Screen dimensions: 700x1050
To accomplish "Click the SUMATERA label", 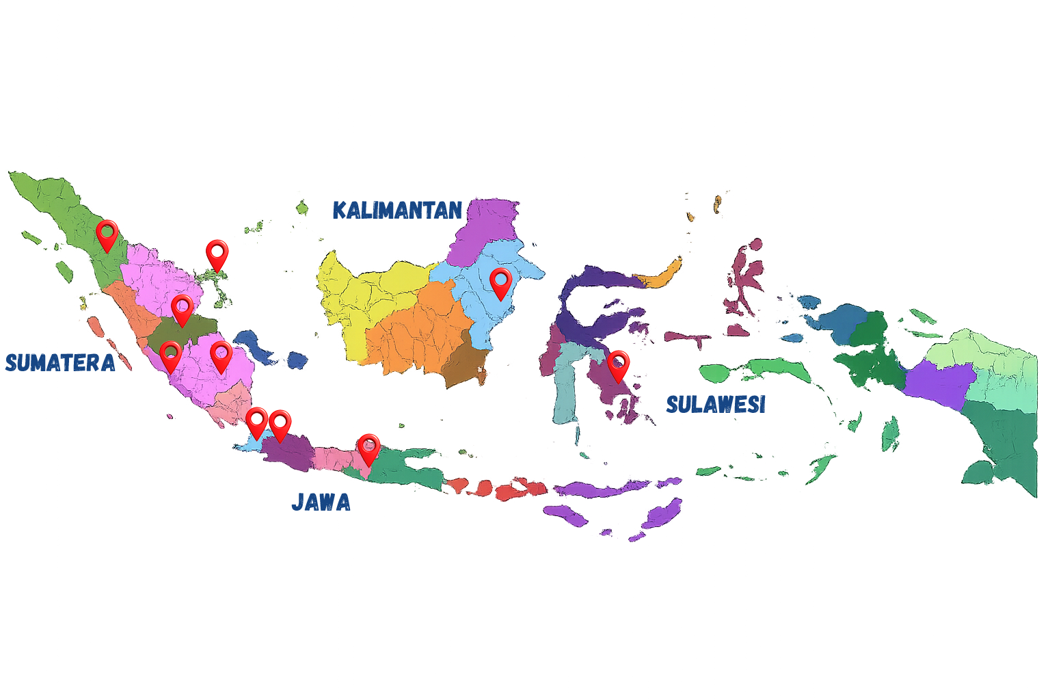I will (60, 362).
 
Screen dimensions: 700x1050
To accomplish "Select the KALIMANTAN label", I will (397, 210).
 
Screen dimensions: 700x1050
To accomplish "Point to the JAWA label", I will (321, 502).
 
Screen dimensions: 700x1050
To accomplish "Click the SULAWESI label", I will (716, 404).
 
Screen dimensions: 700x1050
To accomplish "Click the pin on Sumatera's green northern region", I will (107, 234).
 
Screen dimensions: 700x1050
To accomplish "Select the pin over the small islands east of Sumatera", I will (217, 254).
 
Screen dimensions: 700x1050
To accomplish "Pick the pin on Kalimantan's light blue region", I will (500, 283).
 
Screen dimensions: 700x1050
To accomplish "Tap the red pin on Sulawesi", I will (618, 365).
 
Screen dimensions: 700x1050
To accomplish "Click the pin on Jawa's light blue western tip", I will (256, 422).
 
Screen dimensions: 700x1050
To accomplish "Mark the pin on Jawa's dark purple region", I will (280, 425).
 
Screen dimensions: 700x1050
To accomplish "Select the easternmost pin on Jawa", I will (368, 448).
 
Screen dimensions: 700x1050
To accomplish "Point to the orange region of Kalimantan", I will (417, 328).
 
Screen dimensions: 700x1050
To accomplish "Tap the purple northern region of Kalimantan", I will (485, 226).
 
